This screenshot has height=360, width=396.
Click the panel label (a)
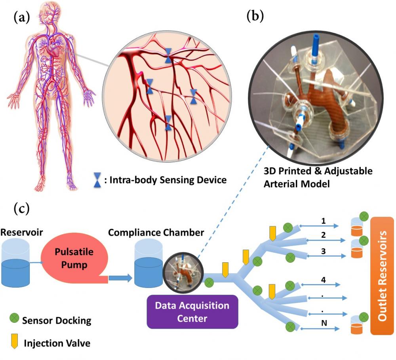pyautogui.click(x=21, y=18)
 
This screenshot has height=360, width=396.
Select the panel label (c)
pyautogui.click(x=21, y=208)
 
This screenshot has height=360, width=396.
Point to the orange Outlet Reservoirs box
pyautogui.click(x=382, y=275)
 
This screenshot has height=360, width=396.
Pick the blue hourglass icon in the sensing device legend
pyautogui.click(x=97, y=180)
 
